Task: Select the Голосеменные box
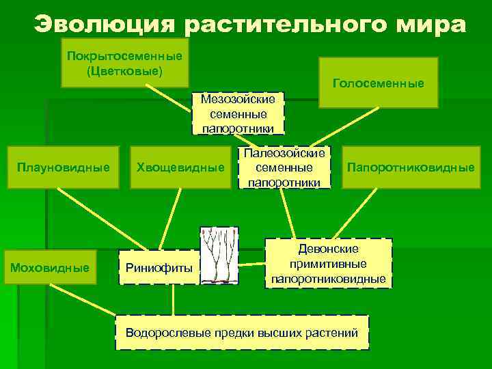click(x=379, y=83)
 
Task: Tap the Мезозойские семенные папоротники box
click(x=238, y=113)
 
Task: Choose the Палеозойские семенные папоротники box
click(x=284, y=167)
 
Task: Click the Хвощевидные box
click(x=180, y=167)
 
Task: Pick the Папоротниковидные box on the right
click(x=411, y=167)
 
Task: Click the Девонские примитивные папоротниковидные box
click(x=329, y=264)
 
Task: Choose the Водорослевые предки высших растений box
click(x=242, y=333)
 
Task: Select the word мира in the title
click(x=431, y=25)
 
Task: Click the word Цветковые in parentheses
click(x=124, y=70)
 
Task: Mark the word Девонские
click(x=329, y=249)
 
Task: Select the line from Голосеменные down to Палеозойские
click(x=355, y=127)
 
